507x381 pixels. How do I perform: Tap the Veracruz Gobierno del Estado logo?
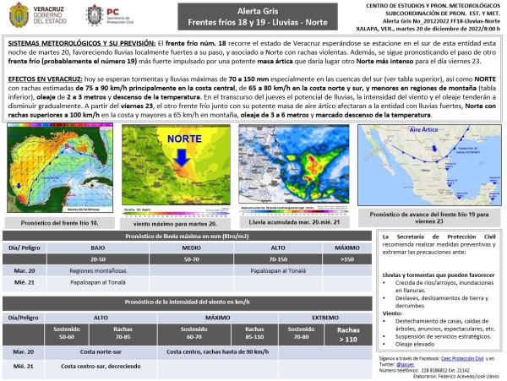(42, 15)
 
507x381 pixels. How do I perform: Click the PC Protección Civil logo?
(105, 15)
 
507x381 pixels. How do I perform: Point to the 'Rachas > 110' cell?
(346, 332)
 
